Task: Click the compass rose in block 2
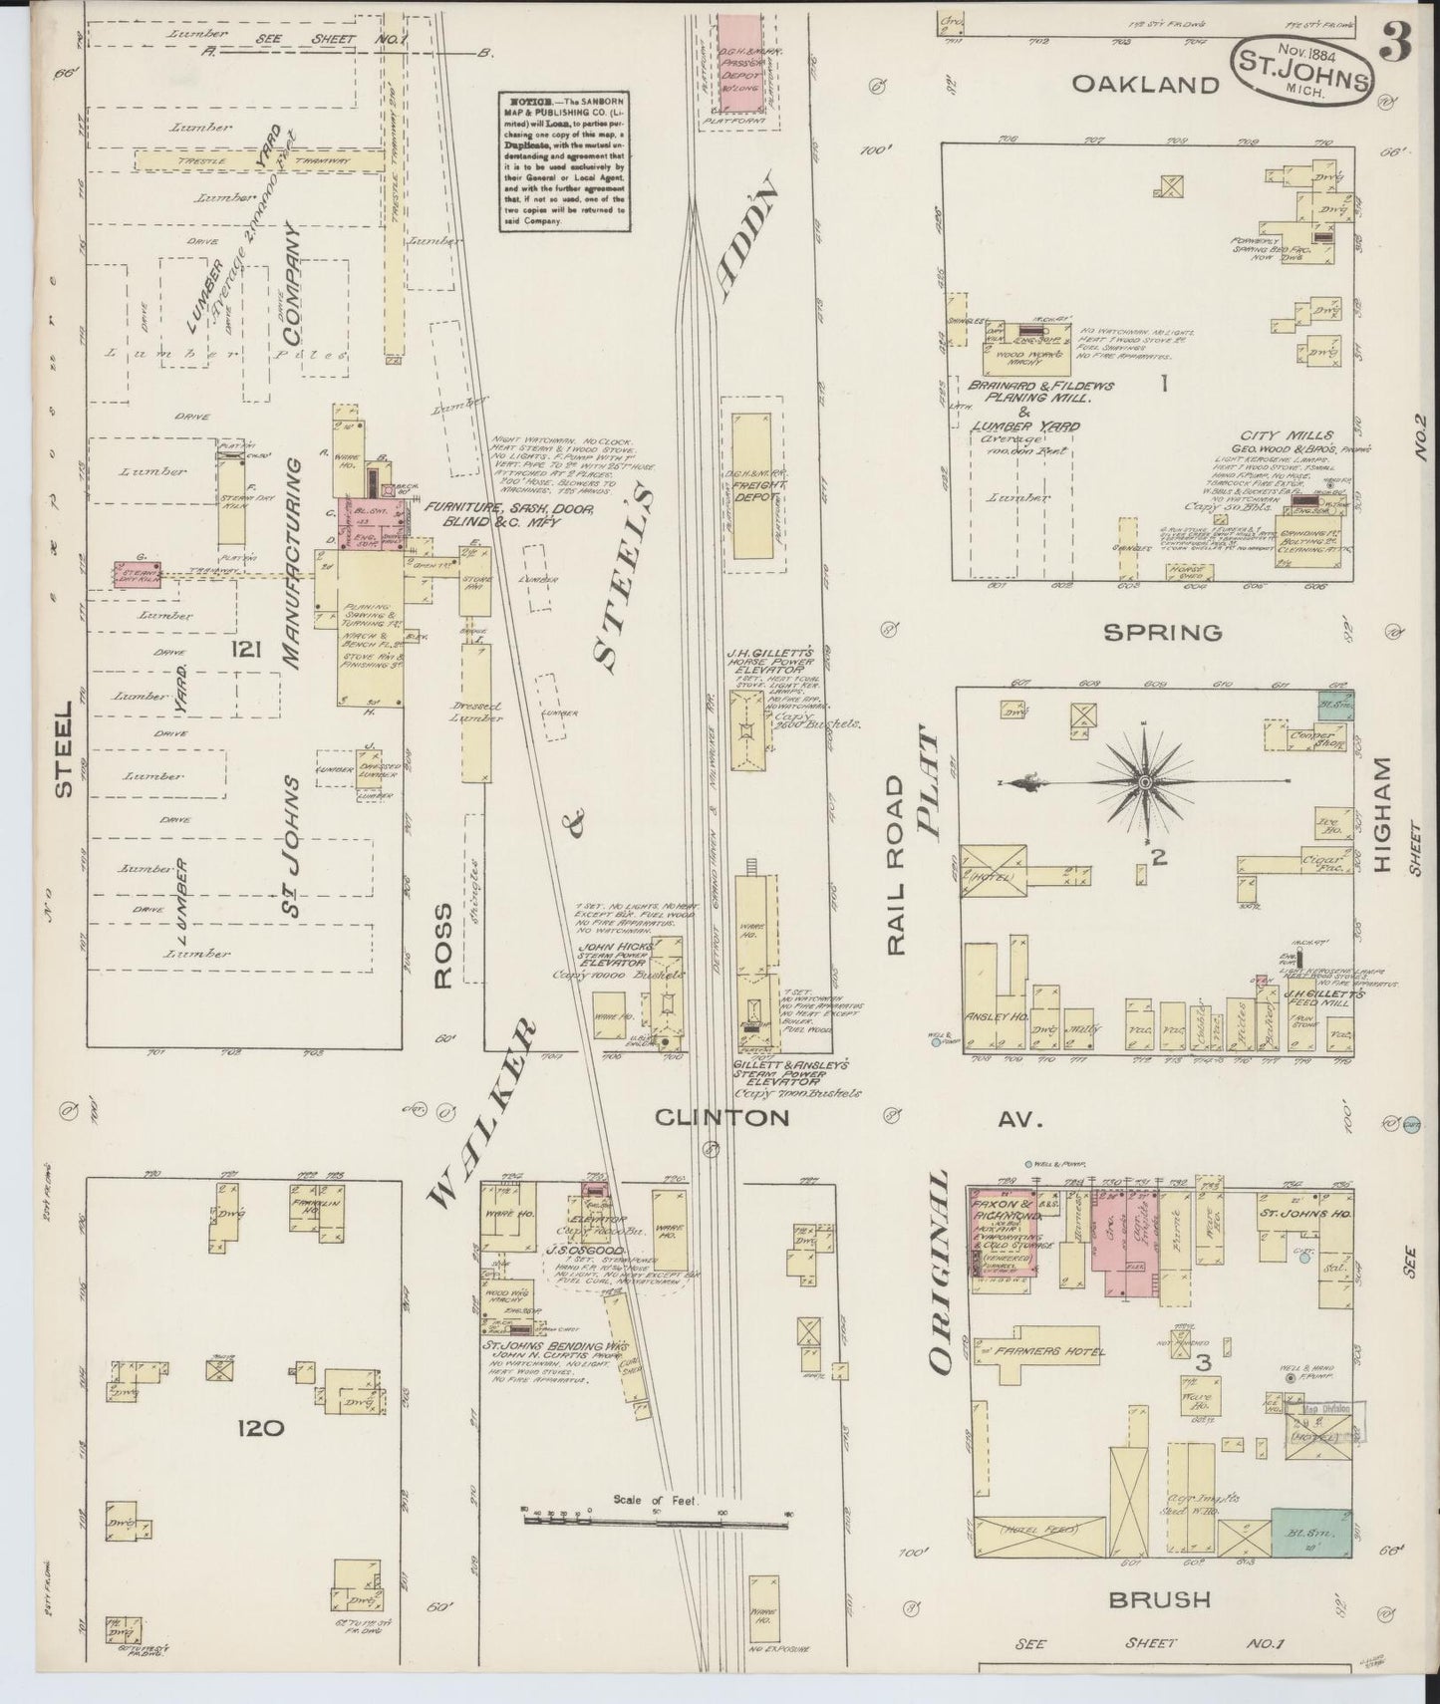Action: point(1146,784)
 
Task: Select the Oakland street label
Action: point(1145,85)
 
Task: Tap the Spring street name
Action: point(1164,632)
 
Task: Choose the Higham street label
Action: point(1380,815)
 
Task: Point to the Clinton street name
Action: point(721,1118)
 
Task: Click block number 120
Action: point(261,1428)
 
